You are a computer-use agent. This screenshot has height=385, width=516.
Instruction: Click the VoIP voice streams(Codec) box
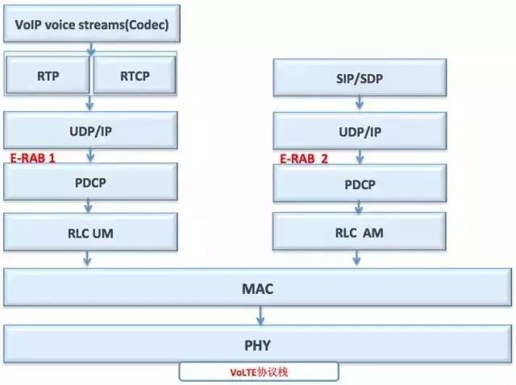click(x=91, y=26)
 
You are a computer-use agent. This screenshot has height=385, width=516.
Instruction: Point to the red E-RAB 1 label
click(x=33, y=158)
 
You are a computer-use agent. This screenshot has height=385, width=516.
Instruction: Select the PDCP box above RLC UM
click(x=91, y=183)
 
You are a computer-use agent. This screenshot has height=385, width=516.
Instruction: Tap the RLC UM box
click(x=91, y=234)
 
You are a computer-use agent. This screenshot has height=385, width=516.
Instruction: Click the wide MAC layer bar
click(x=258, y=288)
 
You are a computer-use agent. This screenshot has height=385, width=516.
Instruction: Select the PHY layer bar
click(x=258, y=345)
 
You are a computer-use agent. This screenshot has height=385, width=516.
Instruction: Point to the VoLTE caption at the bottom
click(x=259, y=372)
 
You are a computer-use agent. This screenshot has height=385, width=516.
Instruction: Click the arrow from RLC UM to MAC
click(x=87, y=260)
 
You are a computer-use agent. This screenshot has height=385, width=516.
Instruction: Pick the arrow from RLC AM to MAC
click(x=356, y=260)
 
